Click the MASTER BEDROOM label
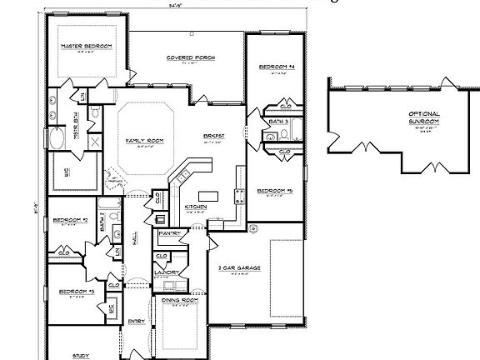(86, 47)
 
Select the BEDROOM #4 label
(274, 66)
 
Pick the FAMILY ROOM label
(144, 141)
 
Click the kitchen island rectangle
(209, 197)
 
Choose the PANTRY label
(171, 234)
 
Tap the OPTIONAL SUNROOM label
(423, 117)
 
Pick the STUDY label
(81, 355)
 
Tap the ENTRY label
(136, 321)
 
